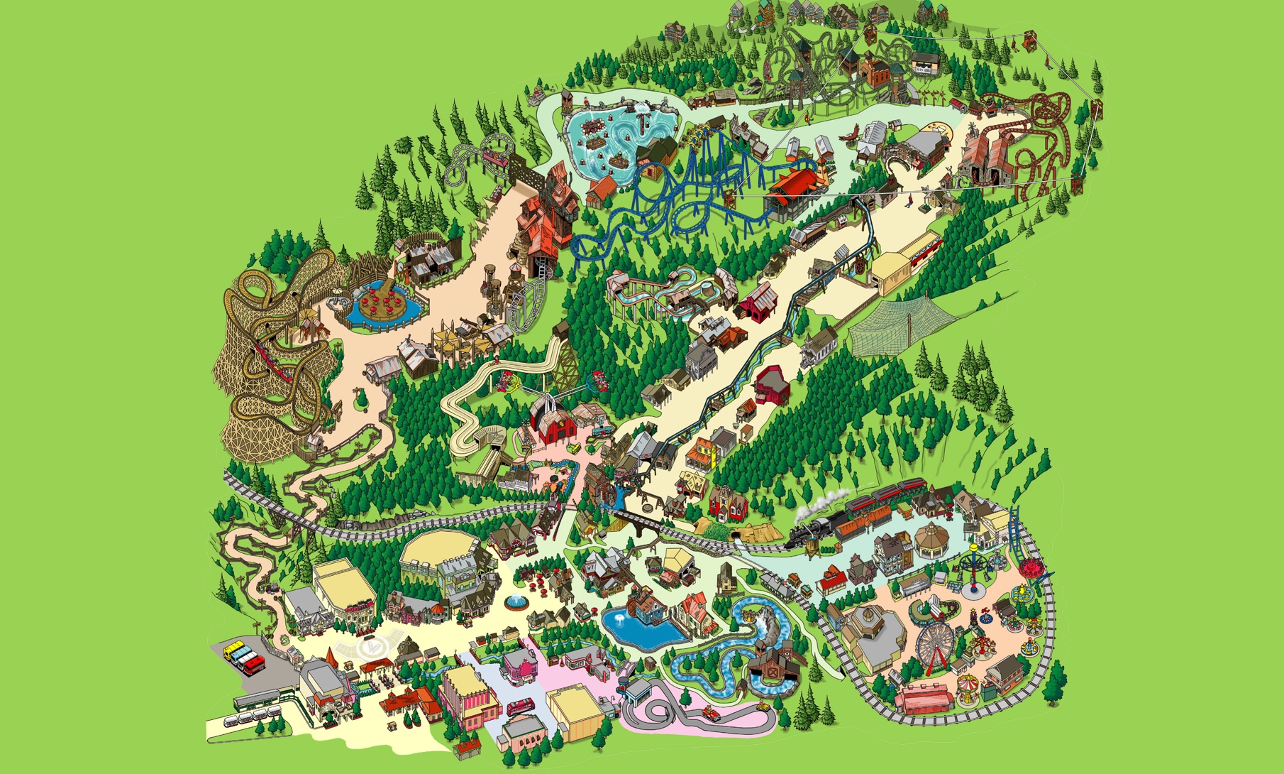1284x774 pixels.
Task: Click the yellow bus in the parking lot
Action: (x=232, y=649)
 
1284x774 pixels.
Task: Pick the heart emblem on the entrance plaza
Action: (x=370, y=647)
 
